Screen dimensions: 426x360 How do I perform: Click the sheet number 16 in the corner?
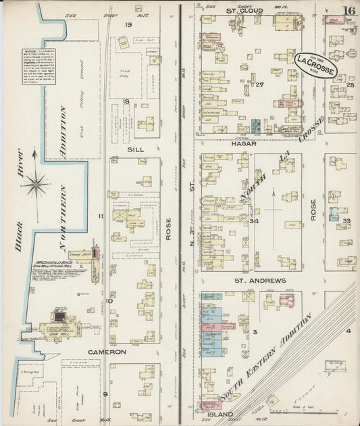[349, 10]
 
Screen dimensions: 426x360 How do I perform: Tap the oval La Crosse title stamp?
[313, 65]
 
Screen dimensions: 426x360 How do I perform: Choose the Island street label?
[220, 414]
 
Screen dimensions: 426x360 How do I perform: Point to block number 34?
[254, 221]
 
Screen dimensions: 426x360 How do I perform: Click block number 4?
[349, 331]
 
